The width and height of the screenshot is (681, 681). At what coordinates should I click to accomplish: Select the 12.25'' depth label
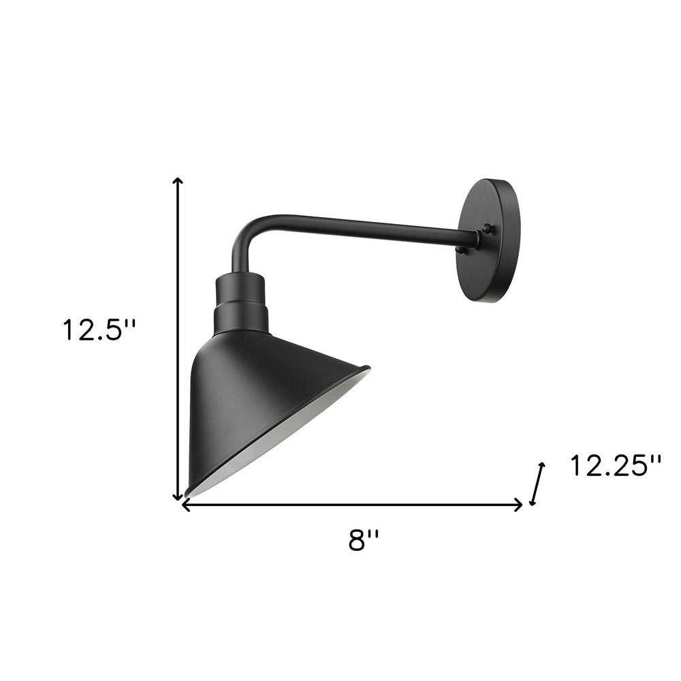click(x=616, y=466)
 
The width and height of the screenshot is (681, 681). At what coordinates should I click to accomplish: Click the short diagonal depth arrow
click(x=537, y=484)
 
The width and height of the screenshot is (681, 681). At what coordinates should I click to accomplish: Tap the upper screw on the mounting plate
click(x=486, y=229)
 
